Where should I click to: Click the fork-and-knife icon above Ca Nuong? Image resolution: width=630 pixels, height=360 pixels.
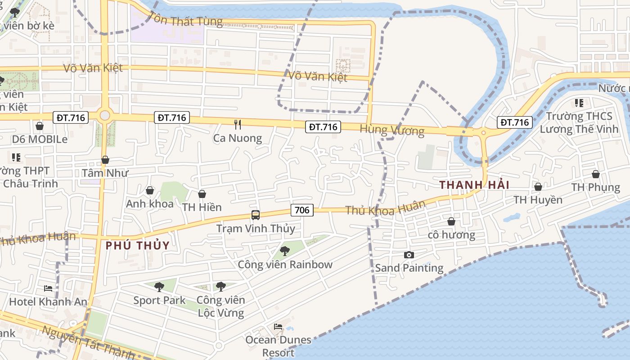(x=238, y=124)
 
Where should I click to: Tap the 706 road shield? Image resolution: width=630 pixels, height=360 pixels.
(x=302, y=210)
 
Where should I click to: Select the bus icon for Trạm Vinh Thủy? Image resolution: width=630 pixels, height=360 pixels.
(x=256, y=215)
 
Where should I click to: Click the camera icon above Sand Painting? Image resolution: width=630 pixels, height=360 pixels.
(x=409, y=255)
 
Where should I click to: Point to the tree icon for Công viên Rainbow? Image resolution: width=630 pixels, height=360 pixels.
(x=284, y=251)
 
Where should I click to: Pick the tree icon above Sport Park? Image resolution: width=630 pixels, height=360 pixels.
(x=159, y=287)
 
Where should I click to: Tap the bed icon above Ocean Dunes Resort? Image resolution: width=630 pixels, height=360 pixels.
(x=278, y=326)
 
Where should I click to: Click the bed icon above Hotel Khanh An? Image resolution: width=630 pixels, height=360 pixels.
(x=48, y=288)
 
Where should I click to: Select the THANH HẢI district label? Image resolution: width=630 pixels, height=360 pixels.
(x=474, y=185)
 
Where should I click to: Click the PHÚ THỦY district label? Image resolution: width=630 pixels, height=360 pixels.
(x=138, y=246)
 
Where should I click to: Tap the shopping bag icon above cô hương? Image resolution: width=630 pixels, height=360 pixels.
(x=451, y=221)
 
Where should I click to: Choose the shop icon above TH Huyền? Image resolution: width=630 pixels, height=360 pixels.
(x=538, y=186)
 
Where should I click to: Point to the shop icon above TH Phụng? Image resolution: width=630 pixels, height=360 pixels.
(x=596, y=174)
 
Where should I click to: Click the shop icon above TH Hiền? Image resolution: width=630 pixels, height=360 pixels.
(x=202, y=194)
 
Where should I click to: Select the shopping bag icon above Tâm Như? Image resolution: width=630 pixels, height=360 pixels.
(x=105, y=160)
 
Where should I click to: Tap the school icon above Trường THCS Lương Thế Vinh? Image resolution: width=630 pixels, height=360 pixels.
(x=579, y=103)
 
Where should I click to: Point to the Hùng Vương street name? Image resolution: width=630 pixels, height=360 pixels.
(x=392, y=130)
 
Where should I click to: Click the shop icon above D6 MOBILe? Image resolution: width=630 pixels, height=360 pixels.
(x=40, y=126)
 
